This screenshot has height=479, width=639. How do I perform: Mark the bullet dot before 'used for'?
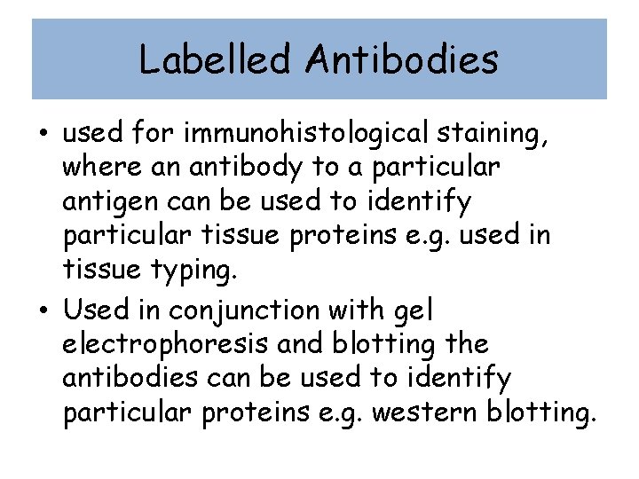click(43, 135)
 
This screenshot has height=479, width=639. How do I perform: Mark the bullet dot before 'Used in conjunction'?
click(43, 311)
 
